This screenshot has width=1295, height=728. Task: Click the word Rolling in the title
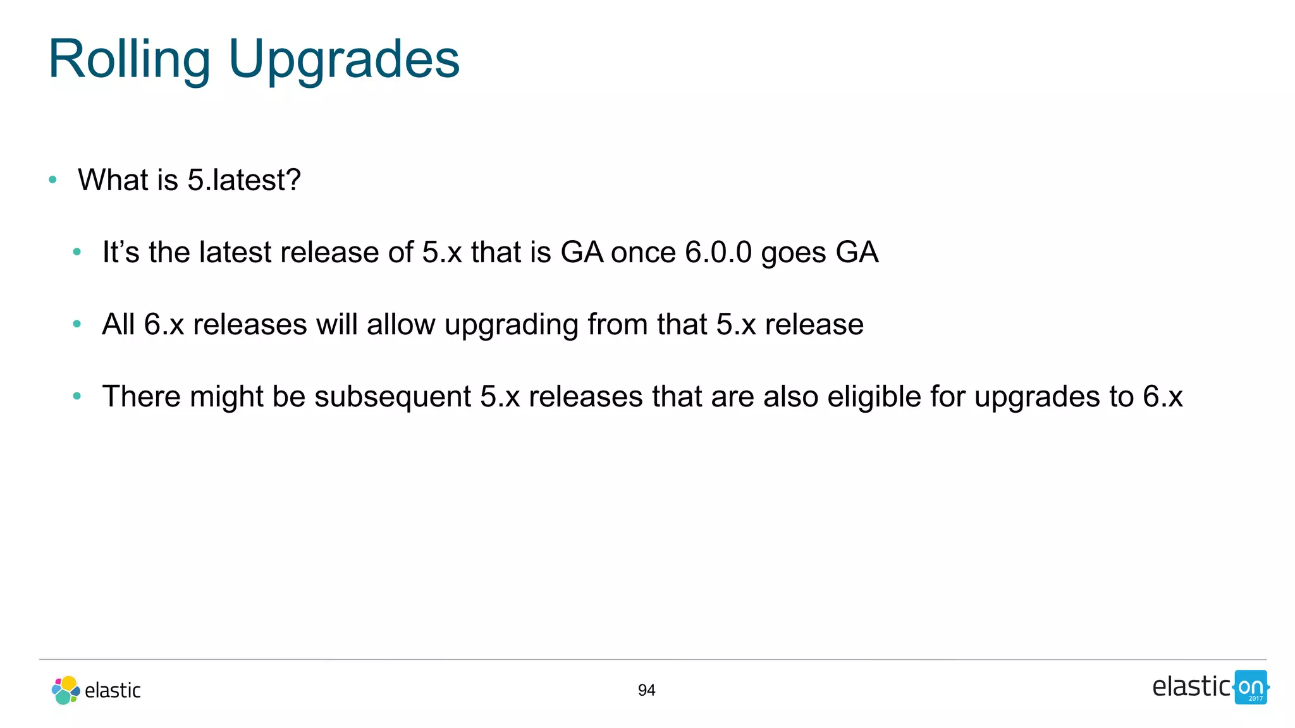129,59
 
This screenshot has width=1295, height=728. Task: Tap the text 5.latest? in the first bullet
244,180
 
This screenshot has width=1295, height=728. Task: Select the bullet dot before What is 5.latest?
52,180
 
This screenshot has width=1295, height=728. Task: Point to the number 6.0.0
718,252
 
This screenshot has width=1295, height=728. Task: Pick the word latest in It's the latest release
235,252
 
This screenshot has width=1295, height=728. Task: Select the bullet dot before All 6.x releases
77,324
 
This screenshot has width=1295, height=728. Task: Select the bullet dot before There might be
77,396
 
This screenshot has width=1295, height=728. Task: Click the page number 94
646,690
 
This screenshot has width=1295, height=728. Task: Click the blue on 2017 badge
1251,688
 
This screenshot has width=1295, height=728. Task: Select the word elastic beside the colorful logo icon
113,690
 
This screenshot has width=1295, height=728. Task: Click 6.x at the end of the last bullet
1162,397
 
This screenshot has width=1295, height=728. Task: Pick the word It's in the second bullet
121,252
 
